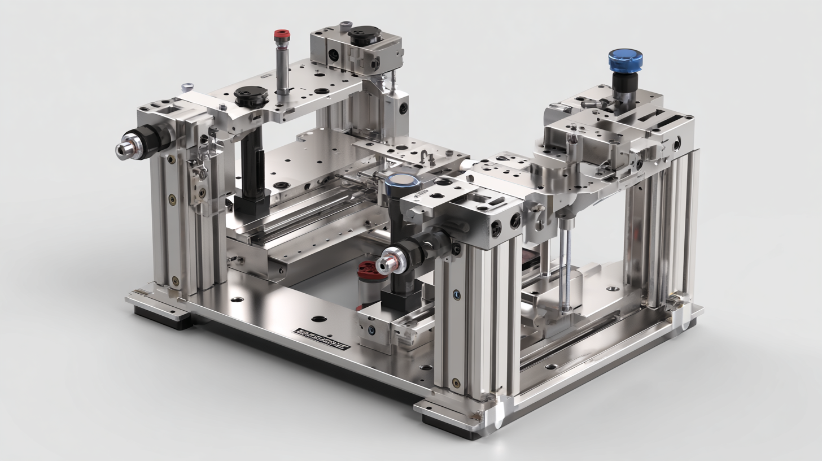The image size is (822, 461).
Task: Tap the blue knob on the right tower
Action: (625, 59)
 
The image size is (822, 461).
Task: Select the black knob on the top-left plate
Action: (251, 95)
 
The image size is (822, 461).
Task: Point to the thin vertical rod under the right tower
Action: (566, 266)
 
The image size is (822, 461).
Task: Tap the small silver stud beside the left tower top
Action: (187, 87)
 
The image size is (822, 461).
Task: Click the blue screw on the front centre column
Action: (456, 294)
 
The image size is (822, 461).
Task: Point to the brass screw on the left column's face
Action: (172, 198)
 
